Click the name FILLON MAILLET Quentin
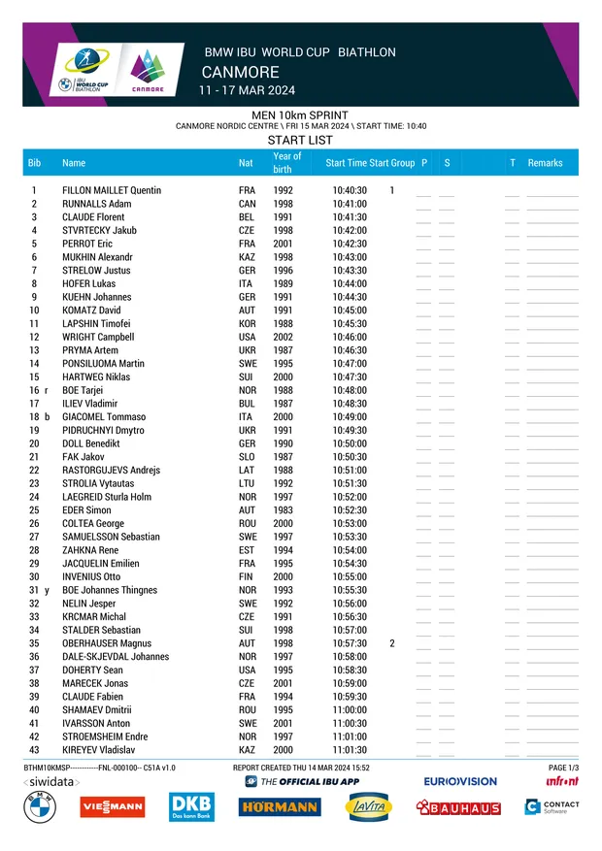pos(112,190)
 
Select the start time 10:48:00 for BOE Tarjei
pos(350,390)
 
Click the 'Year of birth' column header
pos(286,162)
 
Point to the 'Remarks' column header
pos(545,163)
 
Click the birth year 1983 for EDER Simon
pos(283,510)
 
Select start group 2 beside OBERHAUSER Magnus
pos(392,643)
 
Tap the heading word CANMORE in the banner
pos(240,73)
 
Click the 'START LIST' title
pos(300,140)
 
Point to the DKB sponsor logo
pos(190,806)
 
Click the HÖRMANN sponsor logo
pos(279,806)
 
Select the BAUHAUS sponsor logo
pos(458,807)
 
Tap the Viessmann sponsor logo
pos(113,806)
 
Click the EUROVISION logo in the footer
pos(460,781)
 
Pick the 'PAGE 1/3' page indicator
pos(563,768)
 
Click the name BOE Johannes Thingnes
pos(110,590)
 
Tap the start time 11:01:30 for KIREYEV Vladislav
pos(350,750)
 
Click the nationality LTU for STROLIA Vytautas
pos(247,483)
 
